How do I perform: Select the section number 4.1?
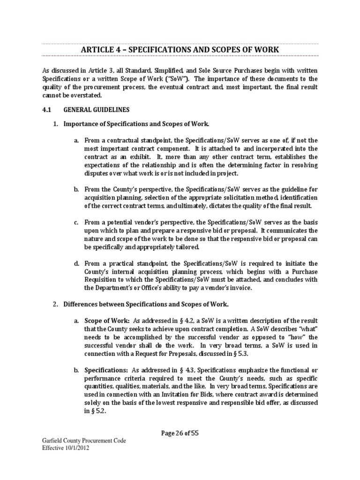[47, 110]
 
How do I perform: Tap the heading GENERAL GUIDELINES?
[97, 110]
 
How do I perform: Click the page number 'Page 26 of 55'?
[180, 433]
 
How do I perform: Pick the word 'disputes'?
[97, 173]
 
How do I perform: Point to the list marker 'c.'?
[76, 222]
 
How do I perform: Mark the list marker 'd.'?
[76, 263]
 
